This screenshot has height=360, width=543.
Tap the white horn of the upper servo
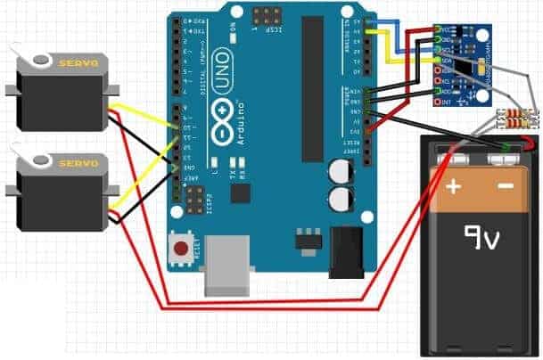tap(41, 61)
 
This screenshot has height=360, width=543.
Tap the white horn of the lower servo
tap(41, 161)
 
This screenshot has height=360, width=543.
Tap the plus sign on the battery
tap(453, 187)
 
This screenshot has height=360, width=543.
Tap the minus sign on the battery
tap(505, 187)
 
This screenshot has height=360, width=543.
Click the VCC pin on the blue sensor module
tap(439, 29)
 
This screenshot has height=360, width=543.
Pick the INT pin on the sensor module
tap(439, 102)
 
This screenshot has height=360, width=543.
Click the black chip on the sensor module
tap(465, 65)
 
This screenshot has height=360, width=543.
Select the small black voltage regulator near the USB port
tap(306, 241)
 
